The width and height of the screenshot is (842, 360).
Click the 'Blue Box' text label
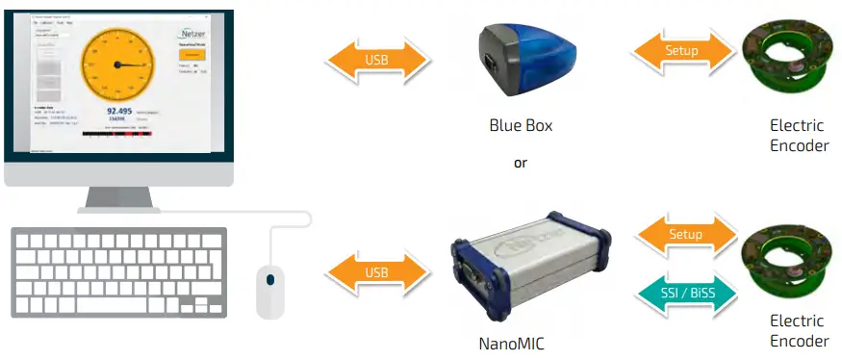point(521,126)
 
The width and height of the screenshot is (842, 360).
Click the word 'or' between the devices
point(521,163)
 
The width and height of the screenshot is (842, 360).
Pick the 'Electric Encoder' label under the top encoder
point(799,136)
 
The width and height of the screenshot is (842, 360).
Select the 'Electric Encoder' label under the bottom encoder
point(799,331)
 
